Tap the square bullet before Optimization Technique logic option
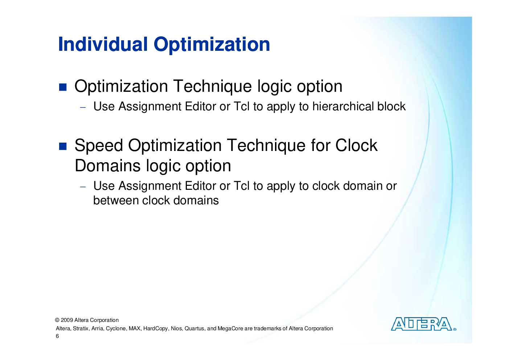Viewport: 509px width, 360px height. [x=63, y=87]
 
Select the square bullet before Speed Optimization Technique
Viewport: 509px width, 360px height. [x=63, y=146]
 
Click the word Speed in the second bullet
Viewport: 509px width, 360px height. [x=99, y=146]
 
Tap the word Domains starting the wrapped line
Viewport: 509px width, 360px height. [x=107, y=165]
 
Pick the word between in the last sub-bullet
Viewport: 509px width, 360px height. [x=116, y=200]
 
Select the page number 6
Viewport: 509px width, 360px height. [x=57, y=336]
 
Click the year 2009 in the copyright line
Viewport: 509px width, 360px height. [x=67, y=320]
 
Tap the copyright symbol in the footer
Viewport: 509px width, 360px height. [x=57, y=320]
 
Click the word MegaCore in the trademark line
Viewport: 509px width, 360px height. [x=230, y=329]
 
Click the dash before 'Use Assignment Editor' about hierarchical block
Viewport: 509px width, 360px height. [x=83, y=107]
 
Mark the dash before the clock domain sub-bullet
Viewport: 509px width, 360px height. [x=83, y=187]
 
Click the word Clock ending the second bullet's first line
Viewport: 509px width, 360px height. [x=356, y=145]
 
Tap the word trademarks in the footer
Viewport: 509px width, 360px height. [x=267, y=328]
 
